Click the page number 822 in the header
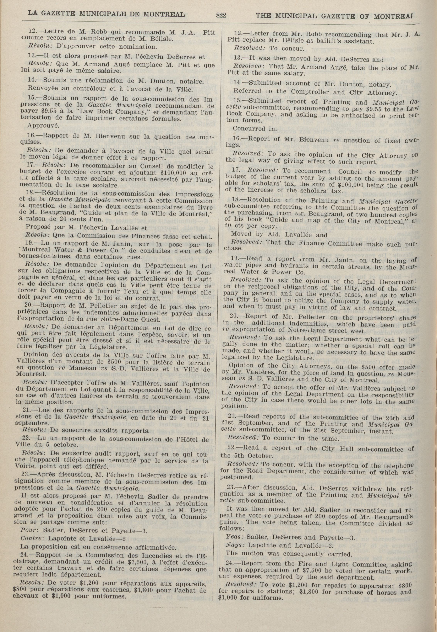[x=221, y=15]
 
